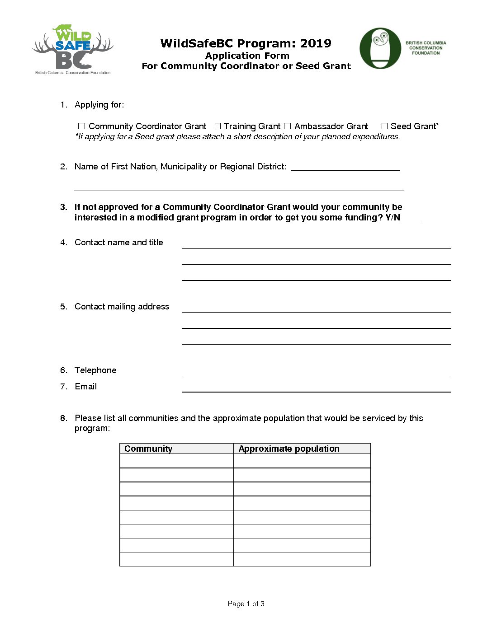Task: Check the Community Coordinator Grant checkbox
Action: (82, 126)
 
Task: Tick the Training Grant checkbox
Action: (218, 126)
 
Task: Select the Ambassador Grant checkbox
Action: (287, 126)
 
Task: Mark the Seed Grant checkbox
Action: (384, 126)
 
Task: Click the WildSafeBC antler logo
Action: (73, 49)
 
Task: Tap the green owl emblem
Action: (380, 48)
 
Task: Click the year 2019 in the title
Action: (316, 43)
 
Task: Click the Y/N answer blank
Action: (410, 218)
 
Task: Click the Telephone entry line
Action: (316, 371)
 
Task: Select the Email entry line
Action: (316, 388)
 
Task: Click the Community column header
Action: (148, 449)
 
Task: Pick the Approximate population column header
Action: (289, 449)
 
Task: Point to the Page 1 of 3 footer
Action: (246, 603)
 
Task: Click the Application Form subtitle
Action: (247, 56)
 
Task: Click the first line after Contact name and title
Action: (316, 244)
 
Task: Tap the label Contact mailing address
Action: (122, 307)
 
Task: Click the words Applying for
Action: (99, 105)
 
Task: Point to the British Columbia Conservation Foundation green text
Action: (426, 48)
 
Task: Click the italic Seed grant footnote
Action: (237, 136)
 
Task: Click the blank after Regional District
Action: (345, 167)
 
